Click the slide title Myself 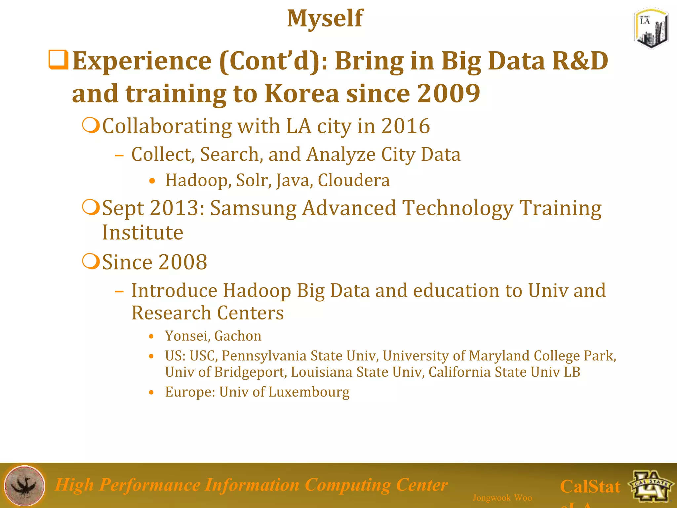(x=325, y=19)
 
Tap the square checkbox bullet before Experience (x=59, y=60)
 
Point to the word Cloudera (x=354, y=181)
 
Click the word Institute (x=142, y=233)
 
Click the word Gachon (x=238, y=336)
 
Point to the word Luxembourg (x=309, y=392)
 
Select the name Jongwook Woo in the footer (x=502, y=498)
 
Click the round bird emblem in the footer (x=24, y=486)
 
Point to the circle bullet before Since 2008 (x=91, y=262)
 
